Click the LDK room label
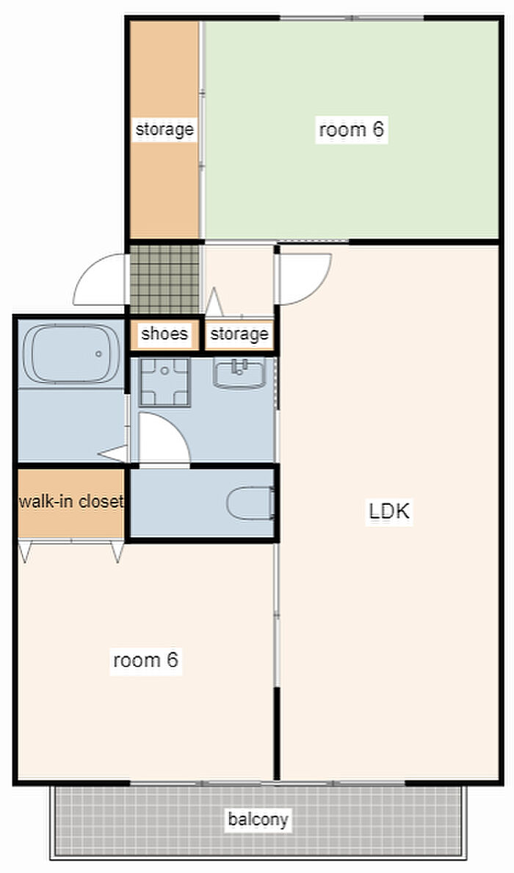[x=389, y=511]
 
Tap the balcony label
[x=258, y=819]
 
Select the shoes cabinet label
[x=164, y=334]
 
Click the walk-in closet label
[x=70, y=501]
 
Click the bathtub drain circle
[x=98, y=353]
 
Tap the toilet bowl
[x=251, y=503]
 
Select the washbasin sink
[x=239, y=373]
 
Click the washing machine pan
[x=164, y=382]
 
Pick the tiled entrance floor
[x=164, y=279]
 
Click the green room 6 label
[x=352, y=129]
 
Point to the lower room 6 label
[x=145, y=660]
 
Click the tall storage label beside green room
[x=164, y=129]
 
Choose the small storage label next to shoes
[x=239, y=334]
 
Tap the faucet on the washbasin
[x=240, y=367]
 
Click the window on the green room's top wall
[x=352, y=18]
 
